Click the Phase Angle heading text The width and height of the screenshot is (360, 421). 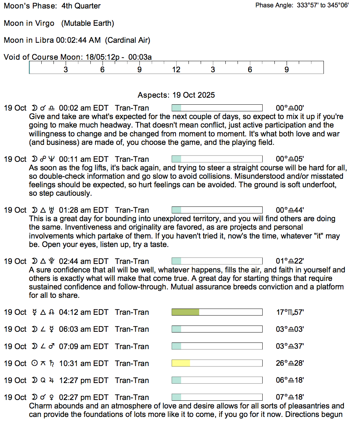click(275, 6)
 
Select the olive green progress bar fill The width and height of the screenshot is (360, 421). click(185, 312)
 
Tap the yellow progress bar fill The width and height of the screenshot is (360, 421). click(181, 363)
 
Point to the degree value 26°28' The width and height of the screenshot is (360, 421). click(290, 363)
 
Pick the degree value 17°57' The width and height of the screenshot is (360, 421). click(290, 312)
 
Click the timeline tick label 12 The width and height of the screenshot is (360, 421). click(176, 70)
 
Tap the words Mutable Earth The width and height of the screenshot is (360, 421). click(88, 23)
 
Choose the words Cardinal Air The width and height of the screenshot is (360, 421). click(128, 40)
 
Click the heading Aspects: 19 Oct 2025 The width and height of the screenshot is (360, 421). click(176, 95)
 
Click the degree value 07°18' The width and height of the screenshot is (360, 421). click(290, 397)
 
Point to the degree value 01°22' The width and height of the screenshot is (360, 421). click(290, 261)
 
